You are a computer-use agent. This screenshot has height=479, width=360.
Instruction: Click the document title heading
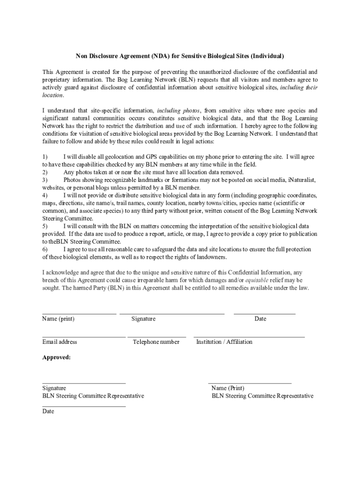(x=180, y=57)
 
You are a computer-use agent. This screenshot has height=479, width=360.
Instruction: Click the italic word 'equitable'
(x=257, y=280)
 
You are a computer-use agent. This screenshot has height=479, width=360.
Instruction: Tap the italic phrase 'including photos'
(x=179, y=111)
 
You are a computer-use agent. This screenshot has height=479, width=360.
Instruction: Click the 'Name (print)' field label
(x=58, y=319)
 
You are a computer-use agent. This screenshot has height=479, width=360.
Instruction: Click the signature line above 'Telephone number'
(x=157, y=337)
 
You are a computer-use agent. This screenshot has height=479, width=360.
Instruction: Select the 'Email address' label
(x=59, y=342)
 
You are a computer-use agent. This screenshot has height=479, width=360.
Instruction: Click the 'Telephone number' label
(x=156, y=342)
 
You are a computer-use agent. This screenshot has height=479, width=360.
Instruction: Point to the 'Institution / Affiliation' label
(x=224, y=342)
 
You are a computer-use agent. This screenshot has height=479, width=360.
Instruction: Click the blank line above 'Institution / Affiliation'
(x=249, y=337)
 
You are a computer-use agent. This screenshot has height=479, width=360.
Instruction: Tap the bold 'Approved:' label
(x=57, y=358)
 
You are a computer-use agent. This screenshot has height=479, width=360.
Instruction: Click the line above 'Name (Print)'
(x=250, y=383)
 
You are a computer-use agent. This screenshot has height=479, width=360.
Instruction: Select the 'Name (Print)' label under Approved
(x=228, y=388)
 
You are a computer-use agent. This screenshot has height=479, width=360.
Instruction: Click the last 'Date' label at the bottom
(x=48, y=412)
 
